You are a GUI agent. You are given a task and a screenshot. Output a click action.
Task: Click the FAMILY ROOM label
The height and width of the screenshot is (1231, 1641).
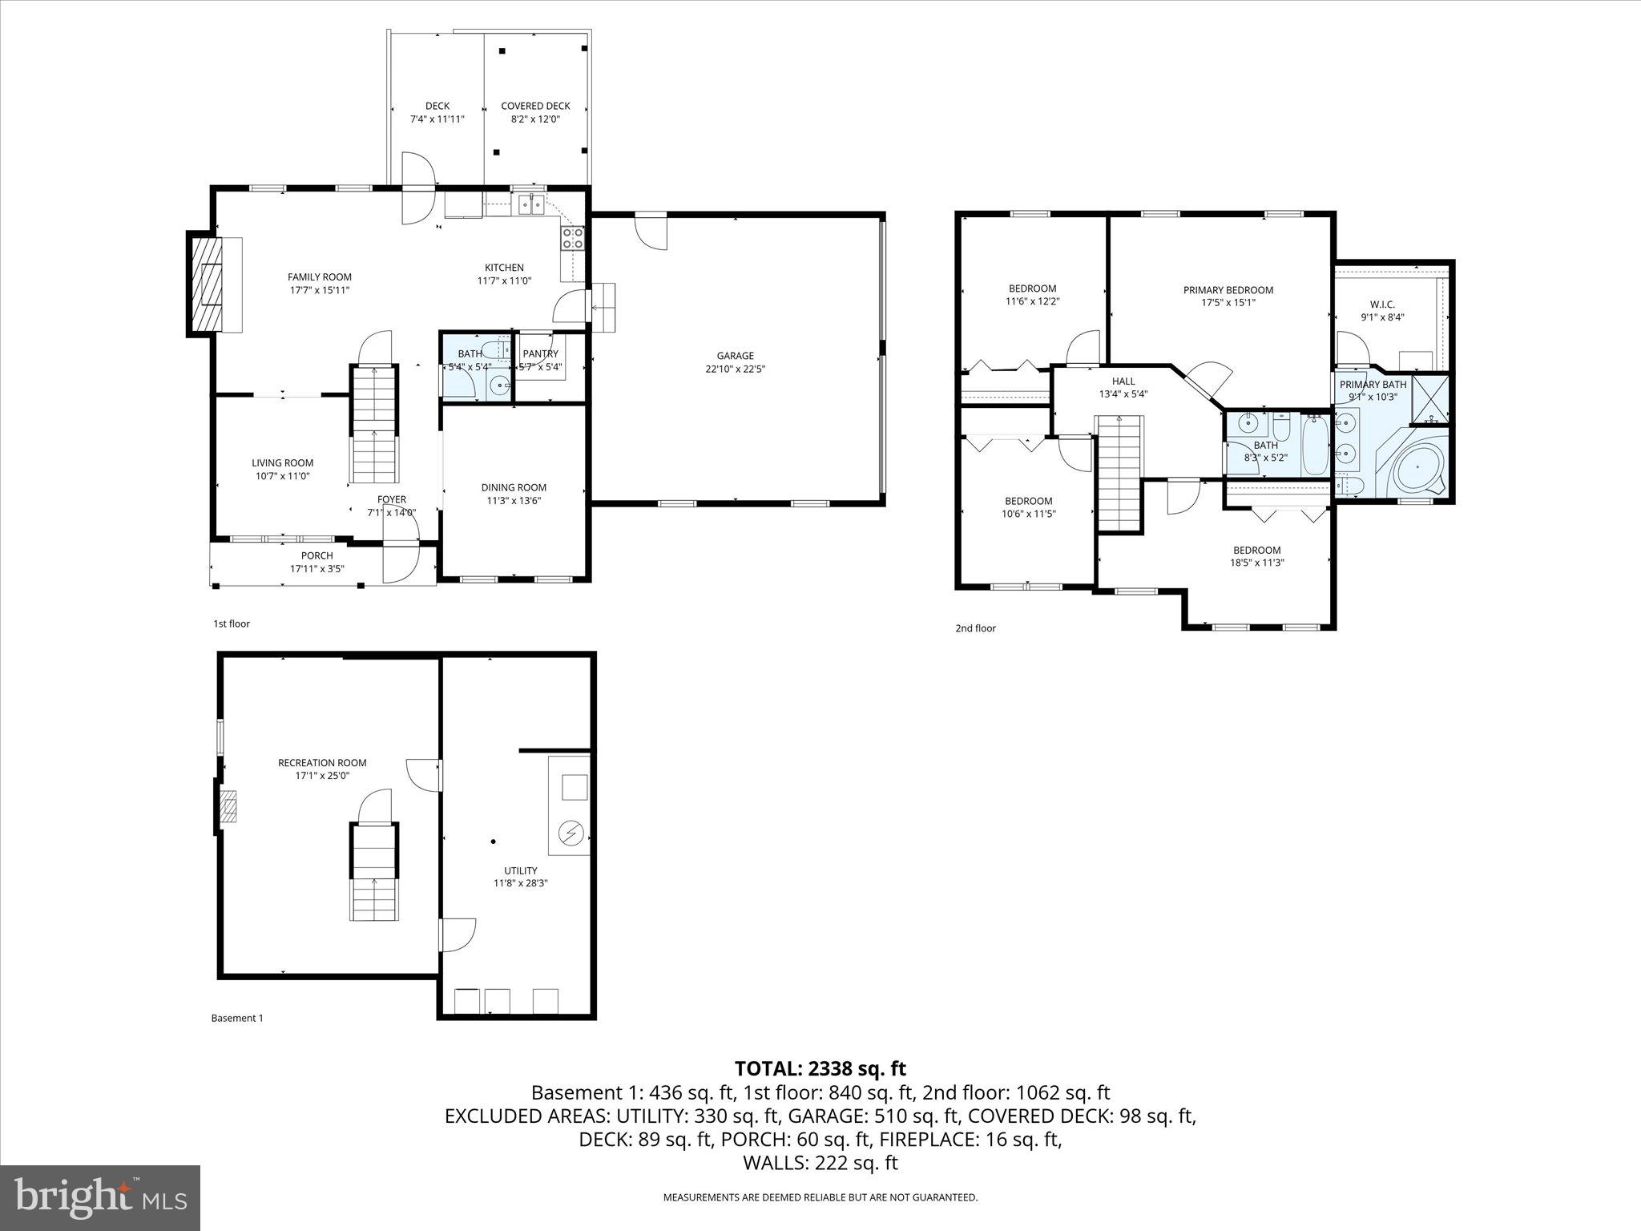tap(319, 277)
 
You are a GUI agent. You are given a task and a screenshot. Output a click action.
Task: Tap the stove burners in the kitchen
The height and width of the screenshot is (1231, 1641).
tap(573, 237)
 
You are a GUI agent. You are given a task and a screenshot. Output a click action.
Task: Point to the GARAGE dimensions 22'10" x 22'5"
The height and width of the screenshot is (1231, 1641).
tap(735, 369)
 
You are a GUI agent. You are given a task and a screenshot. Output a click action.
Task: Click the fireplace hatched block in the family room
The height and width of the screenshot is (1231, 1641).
tap(205, 285)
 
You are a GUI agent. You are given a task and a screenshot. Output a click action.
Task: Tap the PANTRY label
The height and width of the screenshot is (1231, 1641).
tap(540, 354)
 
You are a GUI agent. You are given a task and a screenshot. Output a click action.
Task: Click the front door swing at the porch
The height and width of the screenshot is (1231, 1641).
tap(400, 564)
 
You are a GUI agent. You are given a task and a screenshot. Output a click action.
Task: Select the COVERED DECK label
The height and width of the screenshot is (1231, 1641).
tap(535, 106)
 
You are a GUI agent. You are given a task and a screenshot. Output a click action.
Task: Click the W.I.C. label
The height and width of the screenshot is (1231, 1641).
tap(1382, 305)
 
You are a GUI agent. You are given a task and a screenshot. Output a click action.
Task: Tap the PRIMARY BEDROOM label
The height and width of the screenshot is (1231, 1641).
tap(1228, 290)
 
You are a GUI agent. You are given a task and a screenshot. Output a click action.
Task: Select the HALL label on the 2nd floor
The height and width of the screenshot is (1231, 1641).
tap(1123, 381)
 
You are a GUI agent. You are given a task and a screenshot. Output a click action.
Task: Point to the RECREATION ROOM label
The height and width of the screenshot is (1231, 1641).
tap(322, 763)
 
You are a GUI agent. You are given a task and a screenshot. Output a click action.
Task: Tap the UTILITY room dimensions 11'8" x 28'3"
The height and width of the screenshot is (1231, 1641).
tap(520, 883)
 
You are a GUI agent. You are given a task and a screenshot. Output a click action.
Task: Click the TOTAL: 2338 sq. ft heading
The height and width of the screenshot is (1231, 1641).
tap(820, 1068)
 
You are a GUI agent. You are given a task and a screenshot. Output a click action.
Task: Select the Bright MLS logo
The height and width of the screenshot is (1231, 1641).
tap(100, 1197)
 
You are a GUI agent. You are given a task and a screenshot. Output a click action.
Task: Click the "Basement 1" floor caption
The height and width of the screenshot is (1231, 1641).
tap(237, 1019)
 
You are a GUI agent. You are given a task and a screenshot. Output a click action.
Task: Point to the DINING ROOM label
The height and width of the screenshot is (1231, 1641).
tap(514, 487)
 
